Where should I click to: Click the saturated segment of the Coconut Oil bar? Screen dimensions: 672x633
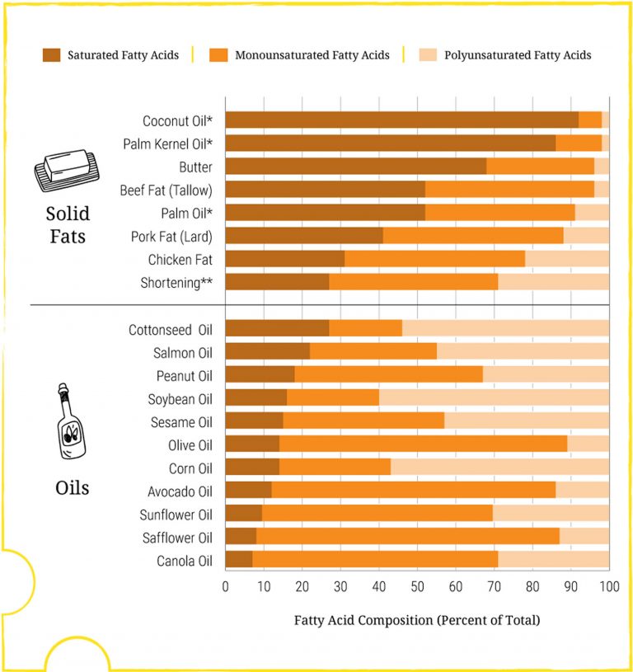[x=401, y=120]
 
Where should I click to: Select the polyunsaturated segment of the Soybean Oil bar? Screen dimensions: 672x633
[x=494, y=397]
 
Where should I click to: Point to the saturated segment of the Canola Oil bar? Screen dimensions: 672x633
[x=238, y=560]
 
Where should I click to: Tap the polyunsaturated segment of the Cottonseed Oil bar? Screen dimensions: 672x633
[x=505, y=328]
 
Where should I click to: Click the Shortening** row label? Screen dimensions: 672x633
[x=176, y=283]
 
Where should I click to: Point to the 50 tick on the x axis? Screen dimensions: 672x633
[x=417, y=587]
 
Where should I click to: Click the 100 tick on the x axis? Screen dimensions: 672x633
[x=608, y=587]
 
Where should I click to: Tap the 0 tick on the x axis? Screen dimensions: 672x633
[x=226, y=587]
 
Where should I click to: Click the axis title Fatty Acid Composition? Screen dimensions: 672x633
[x=416, y=620]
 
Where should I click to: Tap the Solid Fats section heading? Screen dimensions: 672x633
[x=67, y=225]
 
